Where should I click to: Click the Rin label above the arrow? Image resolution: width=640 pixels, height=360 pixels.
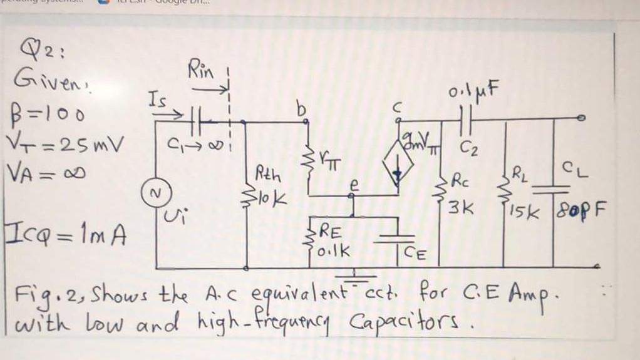tap(202, 70)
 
